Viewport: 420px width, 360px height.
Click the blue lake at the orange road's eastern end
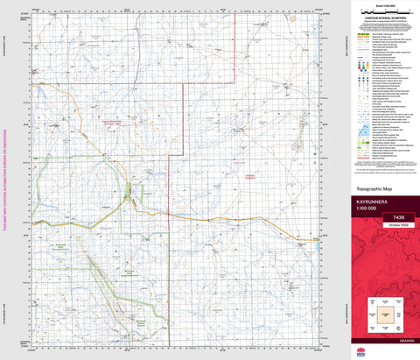tap(315, 238)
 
